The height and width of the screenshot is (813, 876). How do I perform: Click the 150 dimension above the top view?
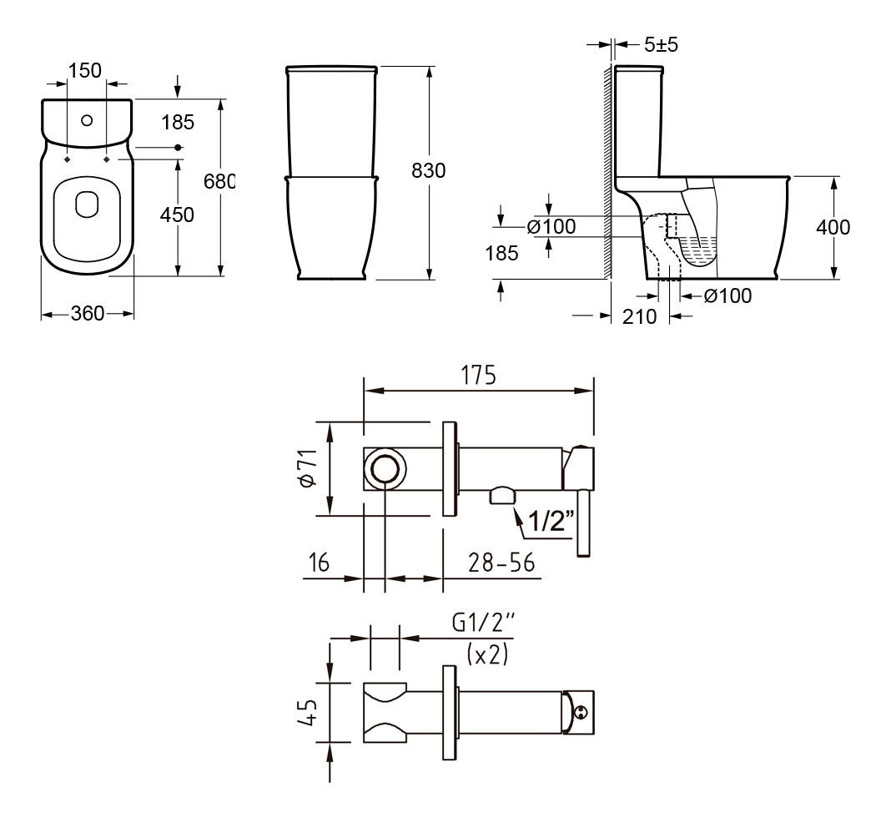click(x=85, y=70)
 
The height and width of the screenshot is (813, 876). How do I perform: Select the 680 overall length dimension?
click(x=219, y=181)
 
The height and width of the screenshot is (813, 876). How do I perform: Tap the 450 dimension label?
click(x=177, y=215)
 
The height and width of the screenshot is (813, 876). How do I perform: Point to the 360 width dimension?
click(x=88, y=314)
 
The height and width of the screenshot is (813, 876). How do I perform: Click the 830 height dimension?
click(x=429, y=170)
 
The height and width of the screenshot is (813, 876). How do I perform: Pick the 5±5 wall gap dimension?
click(x=661, y=45)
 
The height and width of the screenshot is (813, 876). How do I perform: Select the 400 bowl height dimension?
click(x=833, y=227)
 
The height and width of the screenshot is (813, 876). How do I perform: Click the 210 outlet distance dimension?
click(x=640, y=317)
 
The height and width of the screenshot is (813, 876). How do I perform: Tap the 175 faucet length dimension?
click(x=478, y=376)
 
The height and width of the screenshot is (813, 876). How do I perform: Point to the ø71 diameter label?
click(x=308, y=468)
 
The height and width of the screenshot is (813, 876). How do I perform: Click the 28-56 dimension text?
click(x=501, y=563)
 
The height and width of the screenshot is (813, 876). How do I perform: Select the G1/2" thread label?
click(x=483, y=623)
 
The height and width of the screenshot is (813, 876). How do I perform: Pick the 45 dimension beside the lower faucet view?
click(x=308, y=713)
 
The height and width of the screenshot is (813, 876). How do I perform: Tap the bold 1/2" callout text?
click(x=551, y=521)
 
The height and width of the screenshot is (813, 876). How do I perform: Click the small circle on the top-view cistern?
click(x=87, y=120)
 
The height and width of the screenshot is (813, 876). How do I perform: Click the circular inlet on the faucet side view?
click(x=385, y=468)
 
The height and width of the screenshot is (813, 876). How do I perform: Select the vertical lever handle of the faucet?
click(x=583, y=523)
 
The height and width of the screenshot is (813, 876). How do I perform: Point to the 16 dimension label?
click(x=319, y=563)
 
